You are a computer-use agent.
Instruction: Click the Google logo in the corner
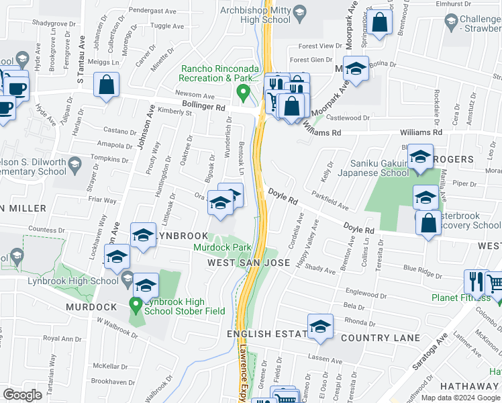click(22, 395)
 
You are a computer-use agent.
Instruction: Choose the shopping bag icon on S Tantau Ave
click(107, 85)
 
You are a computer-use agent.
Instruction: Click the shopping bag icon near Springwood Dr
click(379, 23)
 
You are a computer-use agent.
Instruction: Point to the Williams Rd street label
click(422, 133)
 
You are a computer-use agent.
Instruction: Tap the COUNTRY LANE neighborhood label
click(380, 338)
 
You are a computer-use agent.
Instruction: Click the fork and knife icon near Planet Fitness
click(476, 281)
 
